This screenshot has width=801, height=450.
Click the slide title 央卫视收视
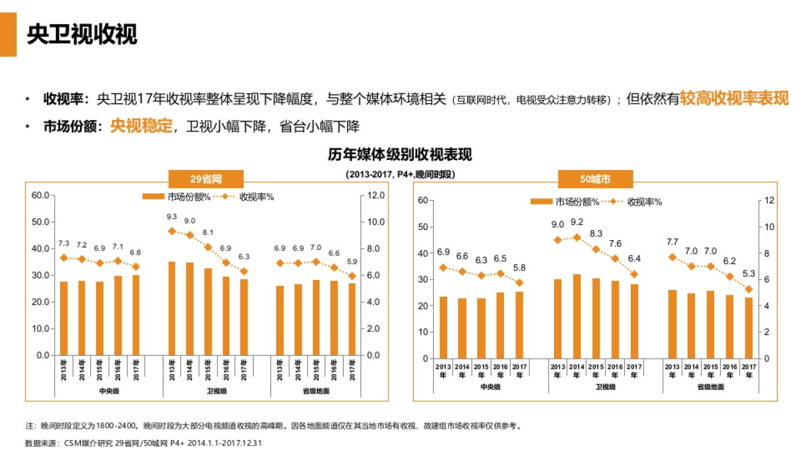tap(81, 35)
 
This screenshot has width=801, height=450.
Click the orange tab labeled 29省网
tap(206, 179)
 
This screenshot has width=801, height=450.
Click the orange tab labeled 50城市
tap(595, 179)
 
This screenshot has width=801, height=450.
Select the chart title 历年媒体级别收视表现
tap(400, 155)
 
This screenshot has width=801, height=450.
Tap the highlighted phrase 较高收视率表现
tap(734, 99)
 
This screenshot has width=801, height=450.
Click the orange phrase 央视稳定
tap(141, 126)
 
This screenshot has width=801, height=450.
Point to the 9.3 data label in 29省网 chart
tap(172, 217)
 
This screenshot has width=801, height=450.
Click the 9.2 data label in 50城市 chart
tap(577, 222)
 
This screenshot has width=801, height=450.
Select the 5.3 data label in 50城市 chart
tap(749, 273)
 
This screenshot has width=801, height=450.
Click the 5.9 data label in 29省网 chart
tap(352, 261)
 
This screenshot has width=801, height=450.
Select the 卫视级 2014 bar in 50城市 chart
tap(577, 316)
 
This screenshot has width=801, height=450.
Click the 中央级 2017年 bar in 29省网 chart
tap(136, 315)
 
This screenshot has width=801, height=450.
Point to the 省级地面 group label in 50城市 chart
tap(711, 387)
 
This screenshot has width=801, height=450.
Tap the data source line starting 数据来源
tap(143, 442)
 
